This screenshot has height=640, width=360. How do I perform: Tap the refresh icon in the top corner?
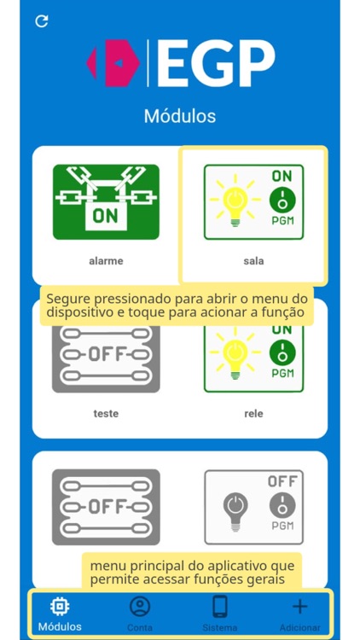click(x=41, y=21)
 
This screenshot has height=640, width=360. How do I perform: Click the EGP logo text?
click(x=217, y=63)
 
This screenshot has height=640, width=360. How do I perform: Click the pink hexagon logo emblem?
click(x=114, y=63)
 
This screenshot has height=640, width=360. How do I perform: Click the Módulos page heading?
click(x=180, y=116)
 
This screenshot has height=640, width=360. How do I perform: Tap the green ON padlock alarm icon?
click(x=106, y=202)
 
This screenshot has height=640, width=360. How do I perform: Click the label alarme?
click(x=106, y=261)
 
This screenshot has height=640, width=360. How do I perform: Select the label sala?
click(x=253, y=261)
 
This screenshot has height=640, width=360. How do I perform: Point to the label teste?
click(x=106, y=414)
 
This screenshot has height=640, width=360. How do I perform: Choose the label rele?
click(x=253, y=414)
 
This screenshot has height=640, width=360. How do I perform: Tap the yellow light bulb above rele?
click(x=234, y=353)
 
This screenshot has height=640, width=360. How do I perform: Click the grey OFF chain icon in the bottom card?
click(x=106, y=507)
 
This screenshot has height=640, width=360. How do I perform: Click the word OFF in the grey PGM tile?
click(x=282, y=482)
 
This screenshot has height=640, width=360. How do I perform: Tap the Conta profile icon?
click(x=139, y=607)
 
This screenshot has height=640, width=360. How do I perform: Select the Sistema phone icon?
click(x=219, y=607)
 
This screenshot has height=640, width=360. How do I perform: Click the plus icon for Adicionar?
click(x=299, y=607)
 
